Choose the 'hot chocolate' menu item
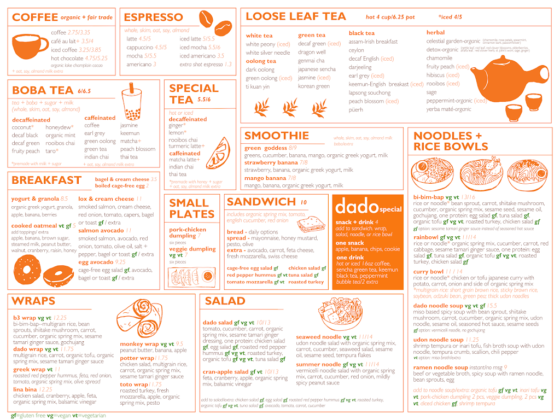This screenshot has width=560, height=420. [67, 58]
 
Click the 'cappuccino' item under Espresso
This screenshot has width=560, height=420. [139, 48]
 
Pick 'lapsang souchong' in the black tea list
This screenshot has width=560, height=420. [370, 93]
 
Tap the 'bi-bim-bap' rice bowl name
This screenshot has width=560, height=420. [428, 197]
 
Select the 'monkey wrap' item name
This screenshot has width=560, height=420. [139, 344]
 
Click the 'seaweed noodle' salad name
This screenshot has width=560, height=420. [319, 337]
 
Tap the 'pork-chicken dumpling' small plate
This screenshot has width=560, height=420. [188, 233]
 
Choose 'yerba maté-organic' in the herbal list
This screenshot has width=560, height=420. [448, 109]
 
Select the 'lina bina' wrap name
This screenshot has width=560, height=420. [25, 389]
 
